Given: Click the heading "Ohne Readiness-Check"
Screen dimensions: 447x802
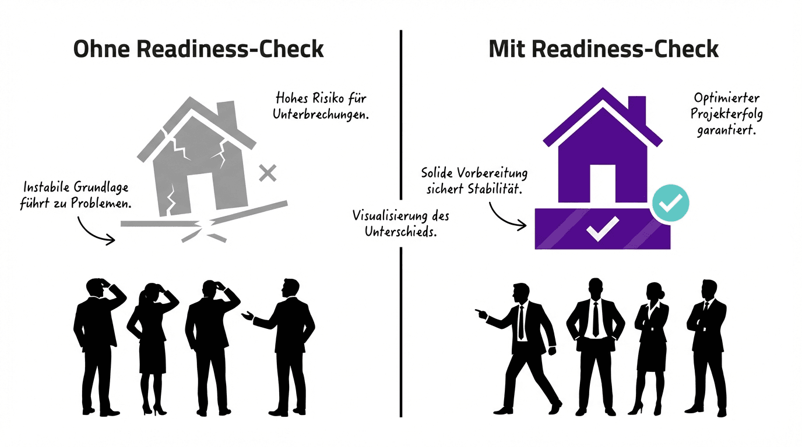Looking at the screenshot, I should click(x=198, y=49).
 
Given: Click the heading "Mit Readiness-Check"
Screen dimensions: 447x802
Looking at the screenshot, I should click(x=603, y=49).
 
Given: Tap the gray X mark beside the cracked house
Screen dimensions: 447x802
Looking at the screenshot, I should click(x=268, y=173).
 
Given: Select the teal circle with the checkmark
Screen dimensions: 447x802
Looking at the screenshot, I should click(x=670, y=203).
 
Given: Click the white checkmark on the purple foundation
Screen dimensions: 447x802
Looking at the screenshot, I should click(x=602, y=229).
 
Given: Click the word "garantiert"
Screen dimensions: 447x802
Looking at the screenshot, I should click(x=726, y=130).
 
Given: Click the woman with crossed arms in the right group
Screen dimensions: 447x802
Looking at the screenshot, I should click(x=651, y=343).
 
